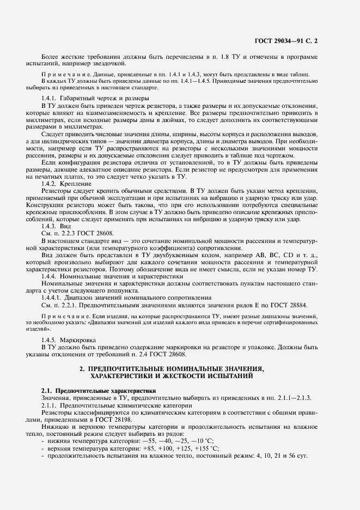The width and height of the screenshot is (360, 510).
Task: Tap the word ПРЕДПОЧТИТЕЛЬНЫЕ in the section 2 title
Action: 131,369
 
